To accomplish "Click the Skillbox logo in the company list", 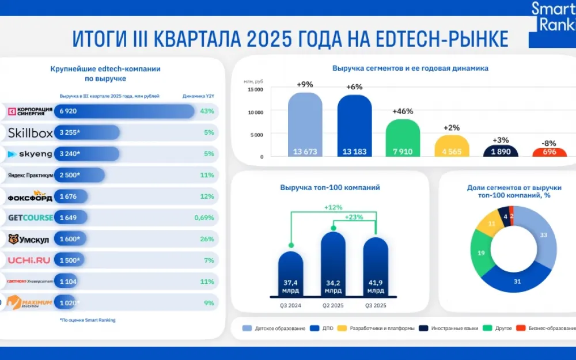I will tap(30, 133).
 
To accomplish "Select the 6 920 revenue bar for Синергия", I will tap(124, 111).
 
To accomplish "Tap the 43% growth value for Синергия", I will tap(207, 111).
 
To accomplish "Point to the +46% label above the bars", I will tap(403, 111).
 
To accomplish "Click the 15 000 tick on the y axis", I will tap(255, 89).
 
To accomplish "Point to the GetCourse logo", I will tap(30, 218).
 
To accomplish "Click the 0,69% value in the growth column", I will tap(204, 218).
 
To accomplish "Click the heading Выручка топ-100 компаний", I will tap(330, 187).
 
